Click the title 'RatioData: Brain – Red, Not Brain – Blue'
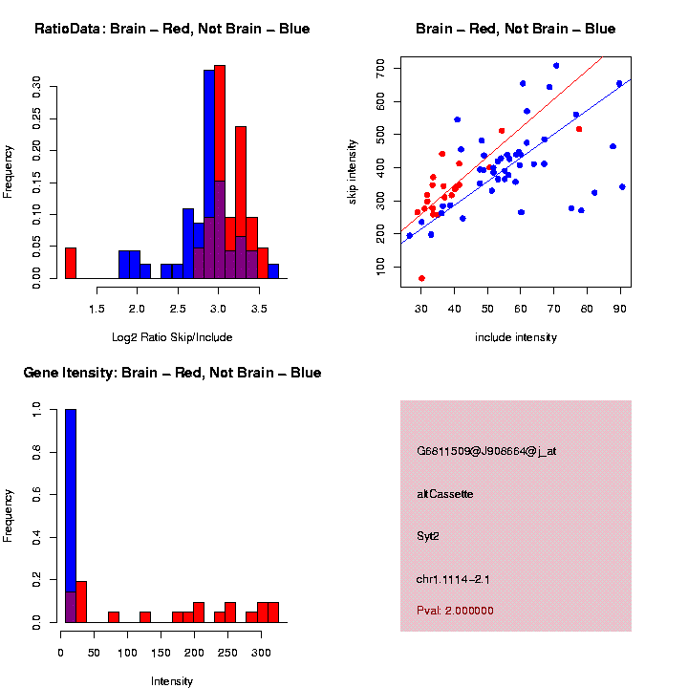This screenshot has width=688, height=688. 172,29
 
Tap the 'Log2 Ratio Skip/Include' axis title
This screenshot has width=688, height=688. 172,337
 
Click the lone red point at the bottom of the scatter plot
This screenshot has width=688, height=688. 421,278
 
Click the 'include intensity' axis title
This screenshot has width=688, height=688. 516,337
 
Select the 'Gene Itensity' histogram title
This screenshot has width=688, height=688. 172,373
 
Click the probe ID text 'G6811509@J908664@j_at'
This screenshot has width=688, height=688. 486,451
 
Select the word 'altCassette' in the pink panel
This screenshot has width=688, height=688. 445,494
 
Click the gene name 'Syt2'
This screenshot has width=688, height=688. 428,536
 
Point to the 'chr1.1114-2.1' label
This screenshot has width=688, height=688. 453,579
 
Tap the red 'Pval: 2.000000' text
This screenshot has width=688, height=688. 456,610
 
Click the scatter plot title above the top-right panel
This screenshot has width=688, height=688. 516,29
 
